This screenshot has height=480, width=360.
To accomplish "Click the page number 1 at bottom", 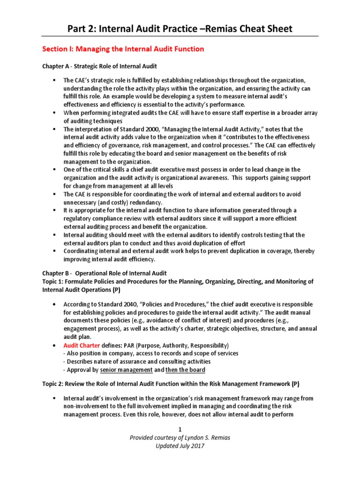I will coord(180,430).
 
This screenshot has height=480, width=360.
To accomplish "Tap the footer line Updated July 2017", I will coord(180,446).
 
